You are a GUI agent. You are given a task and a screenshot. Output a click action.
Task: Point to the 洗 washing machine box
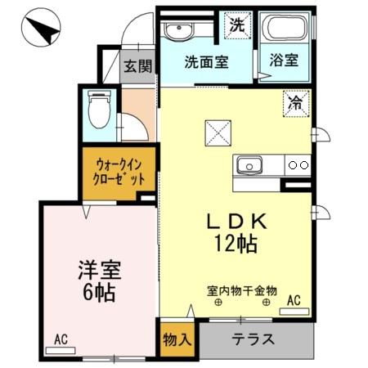236,25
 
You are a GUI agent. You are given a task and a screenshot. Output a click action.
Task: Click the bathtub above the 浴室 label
283,29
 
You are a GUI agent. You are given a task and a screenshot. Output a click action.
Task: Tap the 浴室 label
283,61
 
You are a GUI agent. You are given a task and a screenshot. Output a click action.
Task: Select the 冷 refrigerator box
294,103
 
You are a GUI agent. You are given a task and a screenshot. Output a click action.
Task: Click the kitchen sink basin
248,166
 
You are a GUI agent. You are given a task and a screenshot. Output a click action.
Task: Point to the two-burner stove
298,165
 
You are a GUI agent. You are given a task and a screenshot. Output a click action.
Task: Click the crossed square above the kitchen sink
218,131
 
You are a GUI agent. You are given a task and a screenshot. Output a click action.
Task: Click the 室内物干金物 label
241,290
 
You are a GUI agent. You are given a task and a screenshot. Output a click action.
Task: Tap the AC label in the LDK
294,301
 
